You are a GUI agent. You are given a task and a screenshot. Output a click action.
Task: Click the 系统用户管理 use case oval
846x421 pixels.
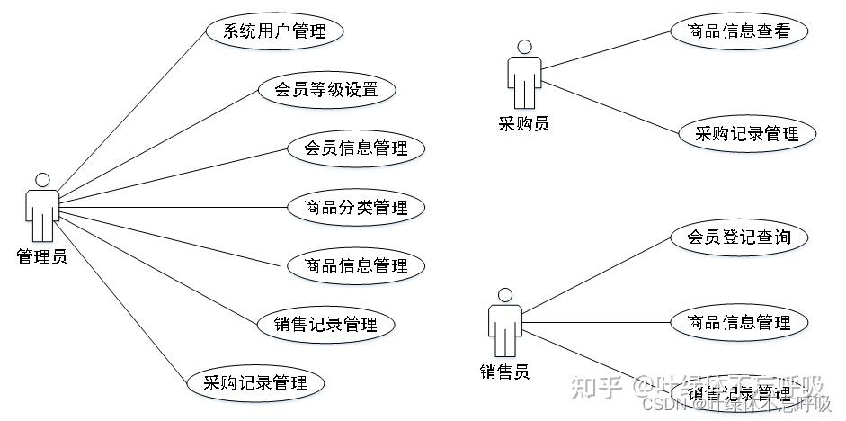pyautogui.click(x=274, y=31)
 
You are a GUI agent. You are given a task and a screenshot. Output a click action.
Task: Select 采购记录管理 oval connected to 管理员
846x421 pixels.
pyautogui.click(x=254, y=383)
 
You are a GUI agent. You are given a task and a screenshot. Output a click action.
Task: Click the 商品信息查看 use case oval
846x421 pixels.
pyautogui.click(x=739, y=31)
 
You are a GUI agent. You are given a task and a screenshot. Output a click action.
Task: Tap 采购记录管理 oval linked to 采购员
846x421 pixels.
pyautogui.click(x=747, y=134)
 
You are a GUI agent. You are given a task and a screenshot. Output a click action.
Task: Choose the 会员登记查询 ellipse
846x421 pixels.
pyautogui.click(x=739, y=237)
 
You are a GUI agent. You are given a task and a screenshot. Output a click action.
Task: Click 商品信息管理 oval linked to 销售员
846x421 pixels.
pyautogui.click(x=739, y=322)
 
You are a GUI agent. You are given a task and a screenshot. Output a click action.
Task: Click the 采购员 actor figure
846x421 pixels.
pyautogui.click(x=524, y=77)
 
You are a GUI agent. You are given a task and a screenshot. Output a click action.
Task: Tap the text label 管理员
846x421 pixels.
pyautogui.click(x=42, y=257)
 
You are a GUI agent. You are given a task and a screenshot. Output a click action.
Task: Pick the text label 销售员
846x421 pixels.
pyautogui.click(x=504, y=371)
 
